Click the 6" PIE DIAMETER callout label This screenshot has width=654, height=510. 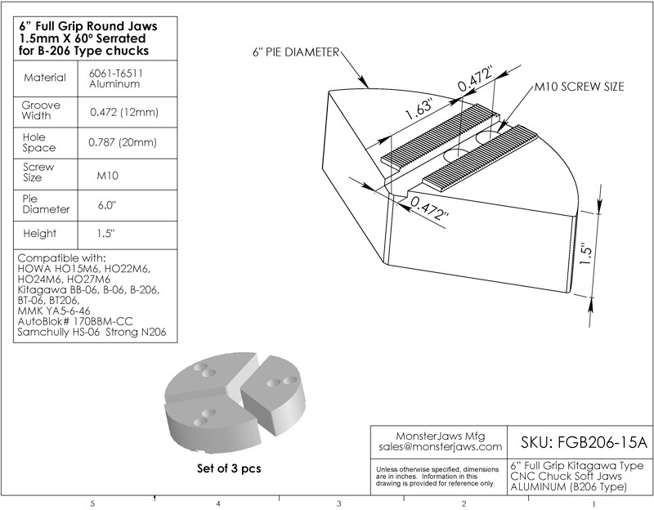(296, 52)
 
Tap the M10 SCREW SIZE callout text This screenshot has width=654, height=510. (580, 87)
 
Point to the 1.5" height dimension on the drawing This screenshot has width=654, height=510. (586, 255)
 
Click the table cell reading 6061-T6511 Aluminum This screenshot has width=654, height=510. (115, 78)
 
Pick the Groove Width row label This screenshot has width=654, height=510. (41, 110)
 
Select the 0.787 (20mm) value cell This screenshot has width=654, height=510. (123, 142)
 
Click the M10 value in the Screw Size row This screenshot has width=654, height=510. (108, 176)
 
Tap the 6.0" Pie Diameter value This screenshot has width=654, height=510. (107, 205)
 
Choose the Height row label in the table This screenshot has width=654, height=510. (39, 234)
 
